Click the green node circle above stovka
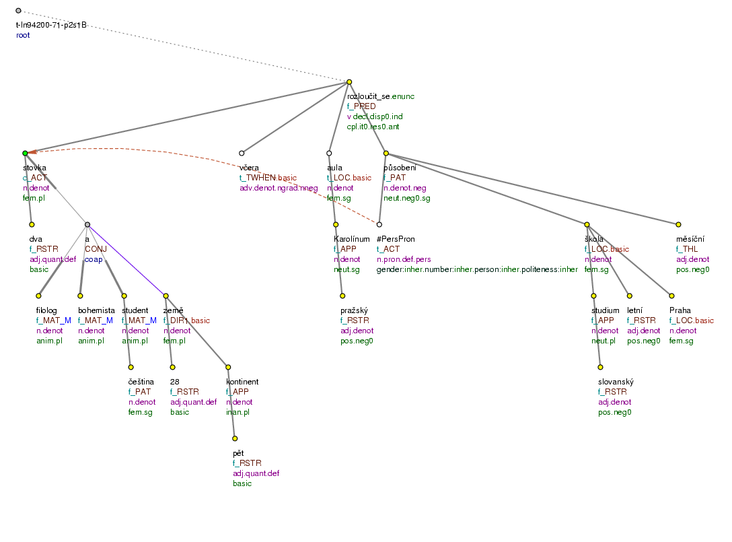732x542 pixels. pos(25,154)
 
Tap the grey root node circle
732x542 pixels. pos(18,11)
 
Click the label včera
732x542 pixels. pos(250,168)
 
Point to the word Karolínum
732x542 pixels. pos(351,238)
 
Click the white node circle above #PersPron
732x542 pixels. pos(379,224)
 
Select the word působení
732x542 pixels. pos(400,168)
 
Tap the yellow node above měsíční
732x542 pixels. pos(678,224)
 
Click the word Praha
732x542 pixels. pos(680,310)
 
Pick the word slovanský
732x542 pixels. pos(616,382)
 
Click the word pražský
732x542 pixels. pos(355,310)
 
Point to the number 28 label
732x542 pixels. pos(174,382)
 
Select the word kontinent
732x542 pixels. pos(242,382)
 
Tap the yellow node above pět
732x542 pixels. pos(235,438)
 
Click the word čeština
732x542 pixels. pos(141,382)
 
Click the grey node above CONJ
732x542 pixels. pos(87,224)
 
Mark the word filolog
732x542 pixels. pos(47,310)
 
